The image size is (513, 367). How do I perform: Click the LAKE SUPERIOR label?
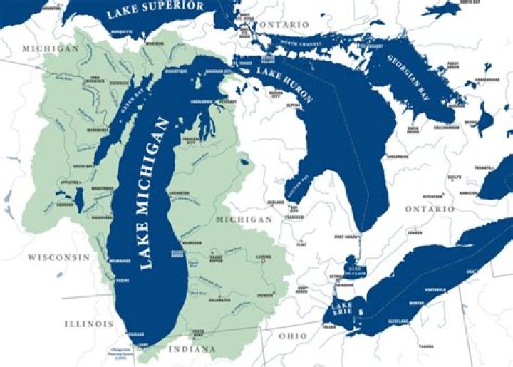pos(155,9)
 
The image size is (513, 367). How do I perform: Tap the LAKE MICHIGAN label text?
pos(156,192)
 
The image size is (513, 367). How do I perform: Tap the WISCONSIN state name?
pos(58,257)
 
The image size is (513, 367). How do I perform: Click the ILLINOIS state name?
pos(89,324)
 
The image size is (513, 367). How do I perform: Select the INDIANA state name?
pos(192,349)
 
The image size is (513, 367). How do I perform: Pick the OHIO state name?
pos(293,336)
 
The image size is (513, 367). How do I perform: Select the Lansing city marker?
pos(262,262)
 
